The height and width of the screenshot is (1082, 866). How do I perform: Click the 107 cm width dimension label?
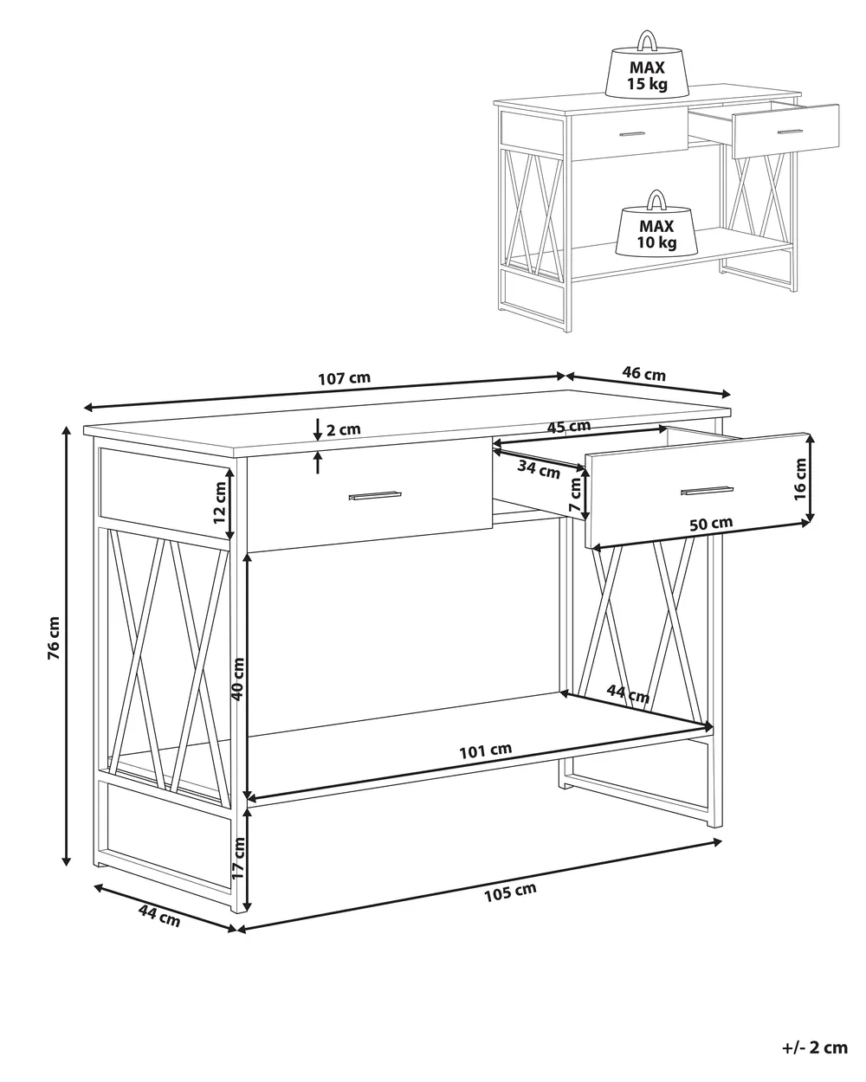pos(344,378)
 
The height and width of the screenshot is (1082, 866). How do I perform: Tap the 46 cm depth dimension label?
pos(643,374)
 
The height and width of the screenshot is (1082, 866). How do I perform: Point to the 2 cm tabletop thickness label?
pos(344,429)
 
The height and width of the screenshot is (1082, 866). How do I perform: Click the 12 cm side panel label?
pos(219,502)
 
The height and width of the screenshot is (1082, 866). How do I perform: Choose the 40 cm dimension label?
pos(237,679)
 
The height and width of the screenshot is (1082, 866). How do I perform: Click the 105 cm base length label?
pos(510,892)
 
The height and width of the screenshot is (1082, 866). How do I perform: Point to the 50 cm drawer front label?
pos(710,524)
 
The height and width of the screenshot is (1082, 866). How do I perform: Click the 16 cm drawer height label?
pos(800,480)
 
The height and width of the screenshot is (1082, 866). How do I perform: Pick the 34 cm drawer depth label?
pos(539,470)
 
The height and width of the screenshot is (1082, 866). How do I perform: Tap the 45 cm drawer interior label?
pos(569,427)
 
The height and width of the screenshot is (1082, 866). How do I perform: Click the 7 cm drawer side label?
pos(575,495)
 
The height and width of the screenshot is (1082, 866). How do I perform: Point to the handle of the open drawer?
pos(707,490)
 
